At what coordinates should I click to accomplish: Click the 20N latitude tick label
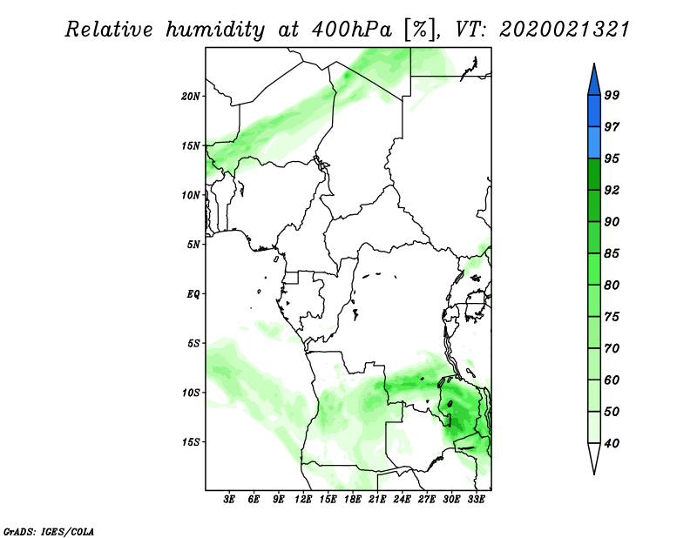(191, 96)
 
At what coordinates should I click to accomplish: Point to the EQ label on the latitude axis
(193, 294)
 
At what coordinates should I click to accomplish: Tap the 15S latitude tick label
(191, 442)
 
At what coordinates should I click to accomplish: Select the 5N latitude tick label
(193, 245)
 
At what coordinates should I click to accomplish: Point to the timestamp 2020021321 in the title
(564, 30)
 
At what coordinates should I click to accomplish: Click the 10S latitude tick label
(191, 393)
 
